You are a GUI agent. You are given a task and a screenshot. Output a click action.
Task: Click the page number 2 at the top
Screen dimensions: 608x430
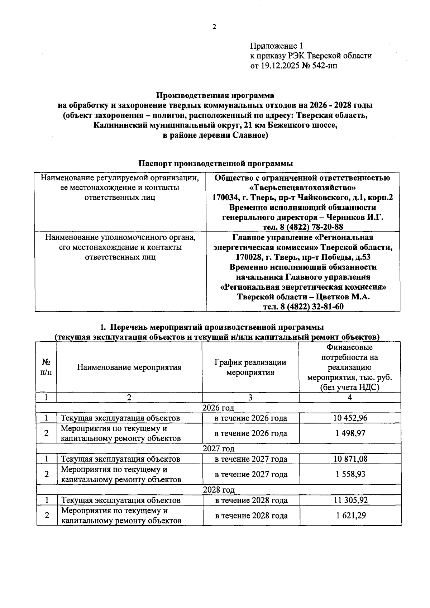click(x=214, y=27)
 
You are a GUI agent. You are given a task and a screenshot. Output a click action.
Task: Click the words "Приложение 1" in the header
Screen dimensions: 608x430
click(x=276, y=46)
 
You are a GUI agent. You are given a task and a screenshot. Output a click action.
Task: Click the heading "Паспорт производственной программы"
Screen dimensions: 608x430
click(x=216, y=163)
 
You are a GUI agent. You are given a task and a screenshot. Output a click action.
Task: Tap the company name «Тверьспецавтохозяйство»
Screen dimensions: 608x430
click(x=303, y=187)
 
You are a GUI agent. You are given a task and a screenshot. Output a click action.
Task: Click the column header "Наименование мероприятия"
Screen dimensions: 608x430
click(x=129, y=367)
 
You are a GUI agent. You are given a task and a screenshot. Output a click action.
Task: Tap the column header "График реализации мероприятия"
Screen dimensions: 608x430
click(x=250, y=367)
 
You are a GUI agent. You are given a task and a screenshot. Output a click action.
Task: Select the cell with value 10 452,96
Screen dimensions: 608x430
click(x=350, y=418)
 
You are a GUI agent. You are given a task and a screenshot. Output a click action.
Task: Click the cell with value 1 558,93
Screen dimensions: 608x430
click(x=350, y=474)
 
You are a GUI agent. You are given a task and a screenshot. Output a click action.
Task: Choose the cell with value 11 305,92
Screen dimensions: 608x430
click(x=350, y=500)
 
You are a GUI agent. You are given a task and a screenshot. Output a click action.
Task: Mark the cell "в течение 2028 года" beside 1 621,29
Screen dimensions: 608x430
click(x=251, y=516)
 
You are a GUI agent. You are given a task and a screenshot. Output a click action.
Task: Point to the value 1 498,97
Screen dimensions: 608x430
click(x=350, y=433)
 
